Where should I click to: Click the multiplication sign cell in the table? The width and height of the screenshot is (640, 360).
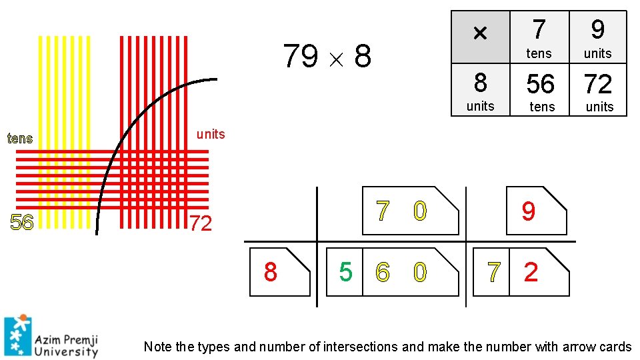tap(480, 37)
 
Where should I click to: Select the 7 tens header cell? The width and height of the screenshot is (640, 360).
tap(539, 37)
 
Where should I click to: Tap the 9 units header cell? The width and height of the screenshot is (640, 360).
tap(598, 37)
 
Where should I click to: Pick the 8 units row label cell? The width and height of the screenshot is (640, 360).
tap(480, 89)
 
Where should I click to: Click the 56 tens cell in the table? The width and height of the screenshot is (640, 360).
tap(540, 89)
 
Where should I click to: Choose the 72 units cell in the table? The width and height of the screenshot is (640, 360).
tap(598, 89)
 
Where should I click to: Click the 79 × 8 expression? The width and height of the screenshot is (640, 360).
tap(327, 57)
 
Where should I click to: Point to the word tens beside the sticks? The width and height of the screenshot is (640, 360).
tap(19, 139)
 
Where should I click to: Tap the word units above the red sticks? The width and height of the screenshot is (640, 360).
tap(211, 134)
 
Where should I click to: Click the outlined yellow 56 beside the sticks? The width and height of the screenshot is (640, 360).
tap(22, 223)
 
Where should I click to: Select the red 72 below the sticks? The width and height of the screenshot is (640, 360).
tap(200, 223)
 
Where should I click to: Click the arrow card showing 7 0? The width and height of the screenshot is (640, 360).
tap(410, 211)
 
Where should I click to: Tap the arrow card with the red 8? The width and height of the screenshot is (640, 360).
tap(279, 272)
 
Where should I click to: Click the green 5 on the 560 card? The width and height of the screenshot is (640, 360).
tap(345, 272)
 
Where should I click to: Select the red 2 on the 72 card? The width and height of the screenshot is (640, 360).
tap(531, 272)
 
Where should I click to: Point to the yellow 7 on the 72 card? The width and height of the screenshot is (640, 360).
tap(493, 272)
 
